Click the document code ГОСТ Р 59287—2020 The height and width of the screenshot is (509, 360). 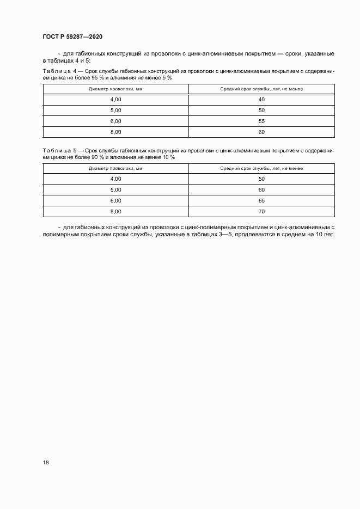(72, 36)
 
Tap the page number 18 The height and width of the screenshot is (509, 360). (46, 462)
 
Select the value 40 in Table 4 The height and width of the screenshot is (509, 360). (261, 99)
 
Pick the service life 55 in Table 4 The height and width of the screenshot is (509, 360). (261, 121)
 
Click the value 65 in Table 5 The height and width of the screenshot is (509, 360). (261, 201)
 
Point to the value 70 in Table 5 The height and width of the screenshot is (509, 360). (261, 212)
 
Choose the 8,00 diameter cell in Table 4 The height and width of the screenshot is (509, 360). (115, 132)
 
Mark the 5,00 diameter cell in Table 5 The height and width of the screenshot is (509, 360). (115, 190)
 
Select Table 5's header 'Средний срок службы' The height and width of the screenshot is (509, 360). (261, 168)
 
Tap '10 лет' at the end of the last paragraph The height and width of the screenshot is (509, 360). (325, 235)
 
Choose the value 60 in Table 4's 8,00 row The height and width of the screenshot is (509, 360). (261, 132)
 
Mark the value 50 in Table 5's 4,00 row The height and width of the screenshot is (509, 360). (261, 179)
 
